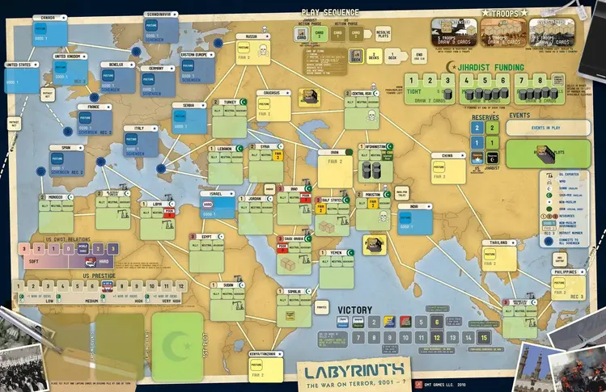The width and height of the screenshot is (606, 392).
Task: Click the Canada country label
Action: click(49, 16)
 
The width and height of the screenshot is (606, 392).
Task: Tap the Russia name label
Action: click(252, 36)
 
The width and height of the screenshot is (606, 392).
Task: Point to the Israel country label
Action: click(218, 194)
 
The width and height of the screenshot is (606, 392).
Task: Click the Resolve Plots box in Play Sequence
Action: click(382, 33)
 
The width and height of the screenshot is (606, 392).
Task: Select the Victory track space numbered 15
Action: click(484, 337)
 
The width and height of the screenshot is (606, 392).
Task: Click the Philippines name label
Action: click(568, 272)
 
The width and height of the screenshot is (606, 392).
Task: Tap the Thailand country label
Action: click(499, 242)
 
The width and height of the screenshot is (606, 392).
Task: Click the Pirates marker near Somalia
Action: click(322, 307)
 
